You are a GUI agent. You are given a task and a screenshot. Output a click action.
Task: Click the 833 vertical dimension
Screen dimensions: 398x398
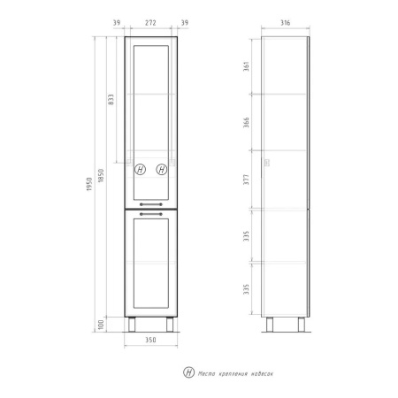(x=111, y=100)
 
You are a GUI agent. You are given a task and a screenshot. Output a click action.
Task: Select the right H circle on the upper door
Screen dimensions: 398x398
(x=161, y=170)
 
